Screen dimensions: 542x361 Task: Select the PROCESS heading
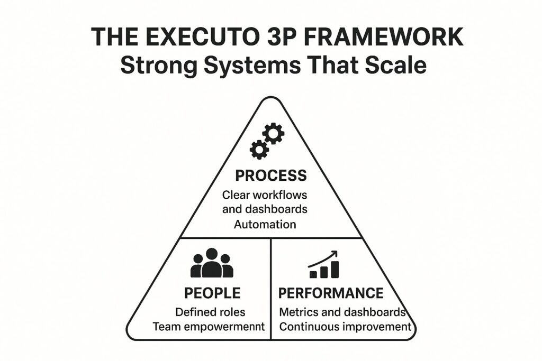point(270,175)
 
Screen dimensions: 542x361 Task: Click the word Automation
point(265,224)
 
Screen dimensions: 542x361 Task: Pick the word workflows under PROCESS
point(280,195)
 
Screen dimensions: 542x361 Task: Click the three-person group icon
point(212,263)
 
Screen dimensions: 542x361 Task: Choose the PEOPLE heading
point(212,293)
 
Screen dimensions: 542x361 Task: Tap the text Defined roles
point(210,312)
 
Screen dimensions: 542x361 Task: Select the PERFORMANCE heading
point(331,293)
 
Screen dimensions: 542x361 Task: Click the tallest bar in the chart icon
point(335,269)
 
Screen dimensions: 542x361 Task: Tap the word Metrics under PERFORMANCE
point(299,312)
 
